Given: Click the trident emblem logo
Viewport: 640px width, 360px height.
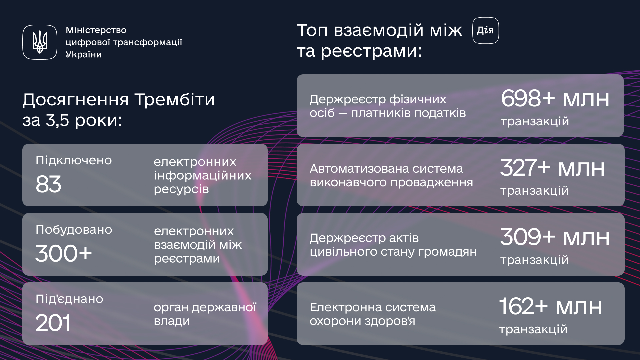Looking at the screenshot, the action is point(40,42).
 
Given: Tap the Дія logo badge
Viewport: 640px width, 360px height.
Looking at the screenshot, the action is point(485,31).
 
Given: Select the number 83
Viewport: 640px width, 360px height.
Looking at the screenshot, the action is point(48,184).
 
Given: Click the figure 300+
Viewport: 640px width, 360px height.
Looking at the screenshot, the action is point(64,253).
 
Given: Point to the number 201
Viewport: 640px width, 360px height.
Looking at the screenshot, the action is point(53,323).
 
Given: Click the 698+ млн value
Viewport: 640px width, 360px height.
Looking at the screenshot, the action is point(555,98).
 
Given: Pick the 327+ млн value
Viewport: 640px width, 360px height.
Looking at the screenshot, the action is point(553,168).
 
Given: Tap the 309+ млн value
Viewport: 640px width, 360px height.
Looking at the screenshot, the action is point(555,237).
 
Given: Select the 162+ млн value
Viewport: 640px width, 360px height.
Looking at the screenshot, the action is point(551,306).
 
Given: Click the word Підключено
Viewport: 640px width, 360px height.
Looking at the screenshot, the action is point(74,160).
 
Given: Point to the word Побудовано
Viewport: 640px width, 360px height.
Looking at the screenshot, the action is point(74,230).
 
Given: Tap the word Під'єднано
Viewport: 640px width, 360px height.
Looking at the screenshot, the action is point(69,299).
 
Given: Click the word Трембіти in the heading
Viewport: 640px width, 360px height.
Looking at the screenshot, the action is point(174,99).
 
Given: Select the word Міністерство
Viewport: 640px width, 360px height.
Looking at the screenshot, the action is point(96,30).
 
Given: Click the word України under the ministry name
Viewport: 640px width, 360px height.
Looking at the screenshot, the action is point(84,54).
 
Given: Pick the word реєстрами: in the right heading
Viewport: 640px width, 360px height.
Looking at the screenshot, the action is point(372,51).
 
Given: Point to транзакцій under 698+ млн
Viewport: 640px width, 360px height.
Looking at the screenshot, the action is point(535,121).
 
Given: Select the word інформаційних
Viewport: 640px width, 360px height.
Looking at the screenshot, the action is point(203,175).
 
